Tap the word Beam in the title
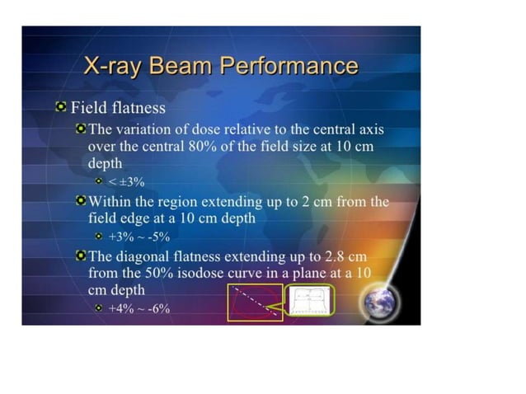(x=182, y=67)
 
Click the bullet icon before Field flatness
(x=60, y=107)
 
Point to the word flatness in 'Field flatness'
(x=138, y=108)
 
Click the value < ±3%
(x=127, y=181)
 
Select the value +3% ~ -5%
(x=139, y=236)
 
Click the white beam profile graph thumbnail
(x=309, y=302)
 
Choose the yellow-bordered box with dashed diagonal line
(x=255, y=302)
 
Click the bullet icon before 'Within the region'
(x=81, y=201)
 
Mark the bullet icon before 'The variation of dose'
(x=81, y=129)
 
